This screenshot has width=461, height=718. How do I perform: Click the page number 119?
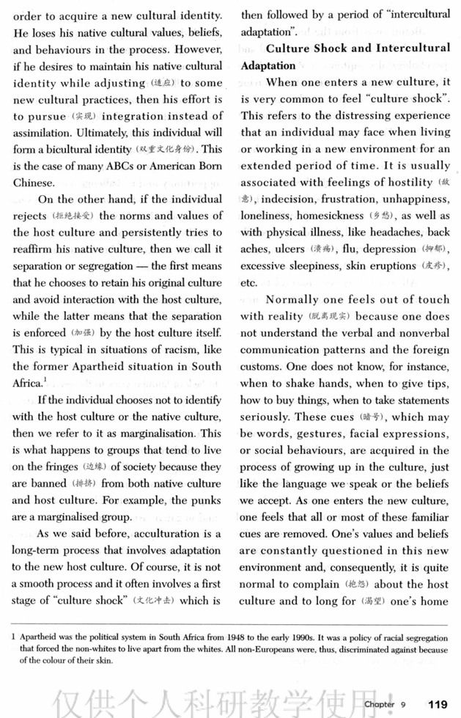click(438, 703)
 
